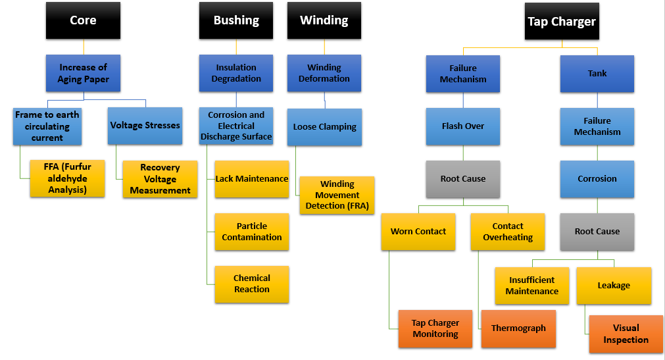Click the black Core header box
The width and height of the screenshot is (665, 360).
[x=83, y=20]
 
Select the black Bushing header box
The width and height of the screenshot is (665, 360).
[x=236, y=20]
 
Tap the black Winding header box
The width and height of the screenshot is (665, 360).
[x=324, y=20]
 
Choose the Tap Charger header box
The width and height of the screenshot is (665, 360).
[x=561, y=22]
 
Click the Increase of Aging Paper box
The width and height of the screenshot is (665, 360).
[x=83, y=73]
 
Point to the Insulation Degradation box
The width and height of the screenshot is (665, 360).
[x=236, y=73]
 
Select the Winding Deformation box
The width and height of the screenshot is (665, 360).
[x=324, y=73]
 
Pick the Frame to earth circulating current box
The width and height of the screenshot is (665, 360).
[x=47, y=126]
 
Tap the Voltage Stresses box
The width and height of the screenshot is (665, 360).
[x=145, y=126]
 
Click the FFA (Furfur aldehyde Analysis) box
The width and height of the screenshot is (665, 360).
[x=67, y=178]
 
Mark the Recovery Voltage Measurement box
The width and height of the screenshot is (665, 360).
[x=160, y=178]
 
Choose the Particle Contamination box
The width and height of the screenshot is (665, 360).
[x=252, y=232]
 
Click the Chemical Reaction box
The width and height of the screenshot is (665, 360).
[x=252, y=284]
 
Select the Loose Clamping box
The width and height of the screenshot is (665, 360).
[x=324, y=127]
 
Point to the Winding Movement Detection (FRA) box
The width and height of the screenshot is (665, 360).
[x=337, y=195]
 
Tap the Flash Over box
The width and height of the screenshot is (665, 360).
[x=463, y=126]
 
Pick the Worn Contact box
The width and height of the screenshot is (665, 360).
[x=418, y=232]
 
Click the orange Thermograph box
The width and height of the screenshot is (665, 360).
[x=518, y=328]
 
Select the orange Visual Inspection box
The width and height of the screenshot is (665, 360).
[x=626, y=334]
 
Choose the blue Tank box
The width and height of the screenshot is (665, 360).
[x=597, y=73]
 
